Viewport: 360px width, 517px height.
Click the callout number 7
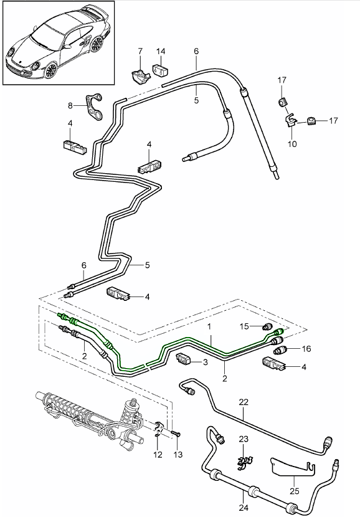pyautogui.click(x=140, y=50)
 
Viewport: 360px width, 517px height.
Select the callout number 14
pyautogui.click(x=161, y=50)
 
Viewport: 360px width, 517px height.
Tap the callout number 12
pyautogui.click(x=158, y=455)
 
